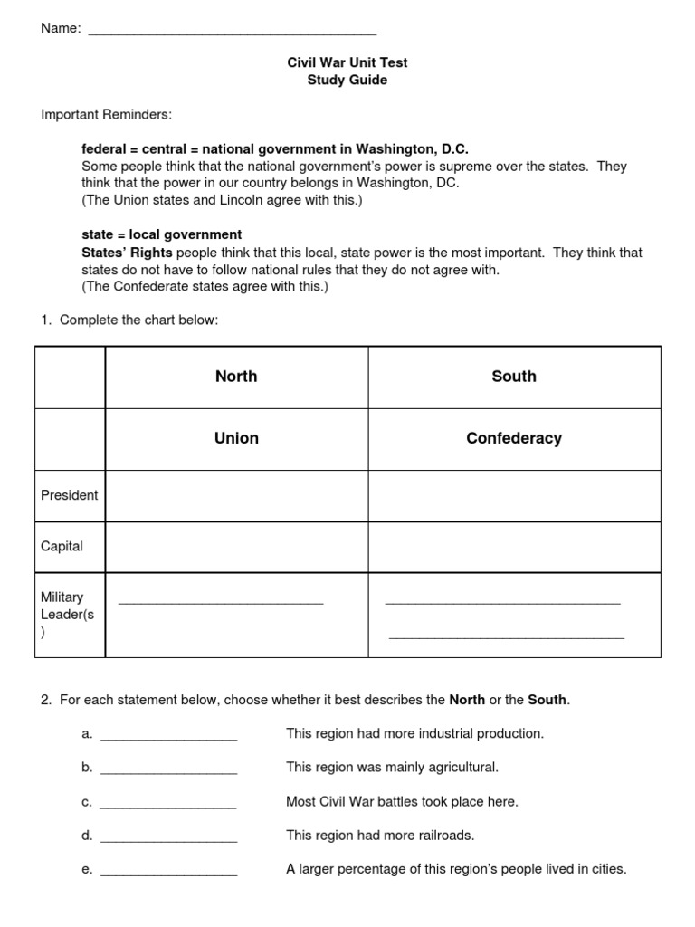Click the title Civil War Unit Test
[347, 62]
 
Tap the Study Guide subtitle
[347, 80]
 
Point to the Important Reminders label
[106, 115]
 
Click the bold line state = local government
[161, 234]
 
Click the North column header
[236, 377]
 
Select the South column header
[514, 377]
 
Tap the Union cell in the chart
[236, 438]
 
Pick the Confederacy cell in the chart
[514, 438]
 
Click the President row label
[70, 495]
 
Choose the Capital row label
[62, 546]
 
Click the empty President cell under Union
[236, 495]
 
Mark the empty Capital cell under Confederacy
[514, 547]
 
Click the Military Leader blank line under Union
[221, 601]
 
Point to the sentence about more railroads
[380, 835]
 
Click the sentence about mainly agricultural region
[392, 767]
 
